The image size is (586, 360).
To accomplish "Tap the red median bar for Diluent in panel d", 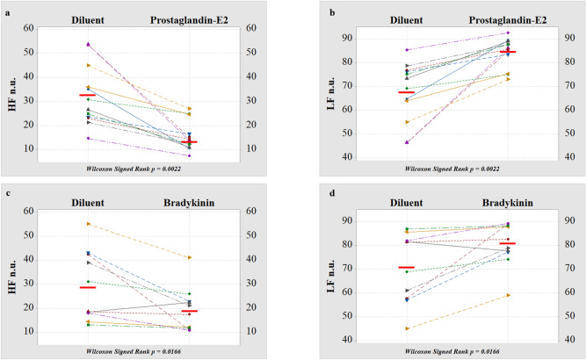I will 406,267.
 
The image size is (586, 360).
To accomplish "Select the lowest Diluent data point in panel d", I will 406,328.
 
